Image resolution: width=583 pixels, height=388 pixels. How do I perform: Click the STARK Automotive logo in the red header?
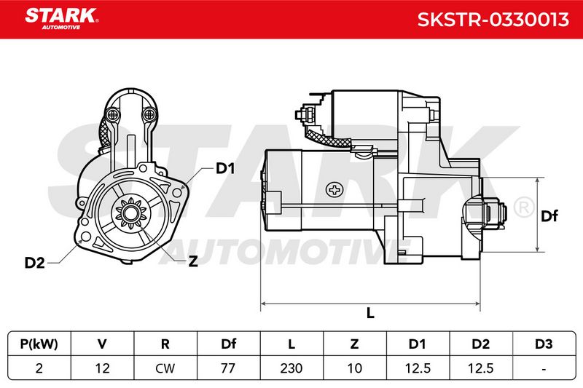pyautogui.click(x=62, y=19)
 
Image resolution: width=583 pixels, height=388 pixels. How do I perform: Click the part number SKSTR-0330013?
pyautogui.click(x=493, y=20)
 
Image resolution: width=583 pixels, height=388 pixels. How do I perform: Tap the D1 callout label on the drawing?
pyautogui.click(x=225, y=169)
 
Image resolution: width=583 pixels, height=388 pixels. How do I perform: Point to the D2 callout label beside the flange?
pyautogui.click(x=34, y=263)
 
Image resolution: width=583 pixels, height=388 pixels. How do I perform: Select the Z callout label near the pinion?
pyautogui.click(x=193, y=261)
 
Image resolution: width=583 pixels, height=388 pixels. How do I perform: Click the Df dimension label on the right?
pyautogui.click(x=549, y=215)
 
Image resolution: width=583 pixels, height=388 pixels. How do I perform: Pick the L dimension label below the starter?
pyautogui.click(x=370, y=313)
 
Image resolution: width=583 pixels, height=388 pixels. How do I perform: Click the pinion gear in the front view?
pyautogui.click(x=130, y=214)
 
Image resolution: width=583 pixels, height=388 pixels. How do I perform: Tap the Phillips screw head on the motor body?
pyautogui.click(x=334, y=190)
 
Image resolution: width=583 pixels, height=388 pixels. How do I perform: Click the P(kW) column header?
pyautogui.click(x=39, y=344)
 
